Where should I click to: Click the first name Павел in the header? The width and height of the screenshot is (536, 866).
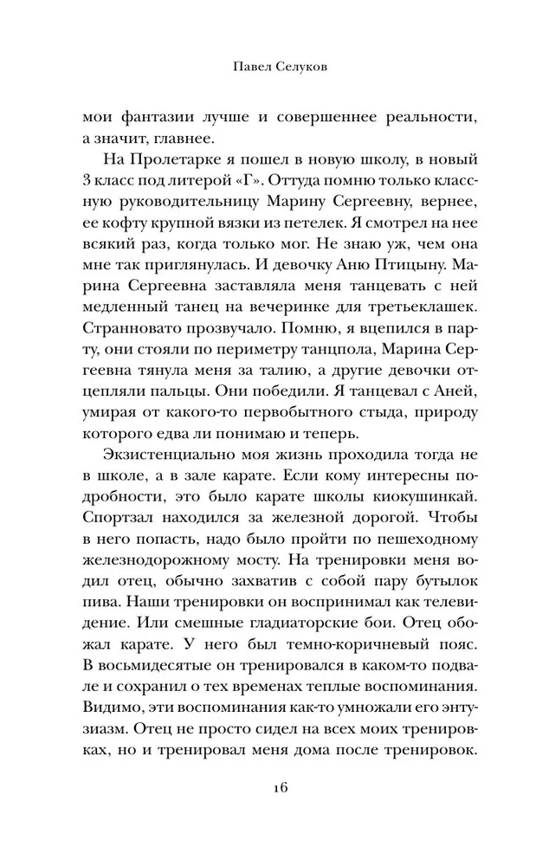[x=241, y=66]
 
